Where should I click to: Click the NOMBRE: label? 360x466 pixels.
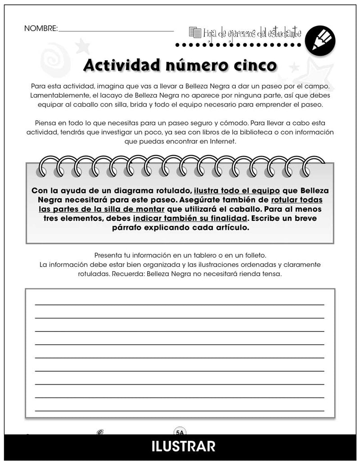[41, 28]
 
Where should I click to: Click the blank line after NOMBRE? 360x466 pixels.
[116, 30]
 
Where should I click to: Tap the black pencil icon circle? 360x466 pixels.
[320, 40]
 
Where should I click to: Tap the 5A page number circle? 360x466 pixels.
[180, 433]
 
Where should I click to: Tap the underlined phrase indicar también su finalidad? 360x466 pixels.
[190, 218]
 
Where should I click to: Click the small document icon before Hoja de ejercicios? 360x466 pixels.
[195, 32]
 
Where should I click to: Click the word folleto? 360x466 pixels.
[254, 255]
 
